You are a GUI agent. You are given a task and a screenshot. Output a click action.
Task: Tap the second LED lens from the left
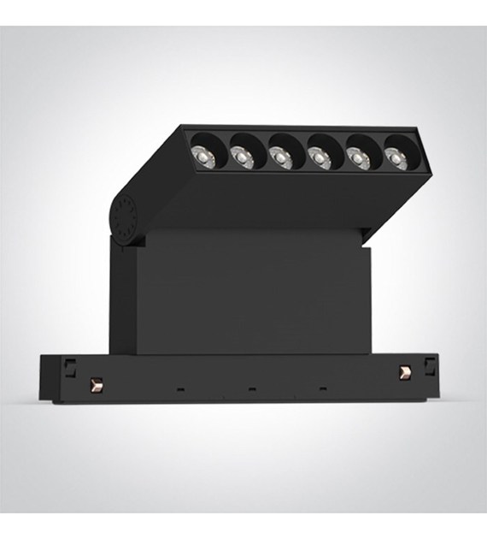(242, 154)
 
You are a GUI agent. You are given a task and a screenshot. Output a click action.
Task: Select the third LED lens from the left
(279, 155)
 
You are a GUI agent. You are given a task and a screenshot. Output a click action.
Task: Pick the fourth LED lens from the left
(319, 156)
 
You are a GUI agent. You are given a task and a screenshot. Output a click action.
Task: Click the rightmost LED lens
(394, 155)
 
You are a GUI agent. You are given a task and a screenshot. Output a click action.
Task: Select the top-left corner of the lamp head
(182, 127)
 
